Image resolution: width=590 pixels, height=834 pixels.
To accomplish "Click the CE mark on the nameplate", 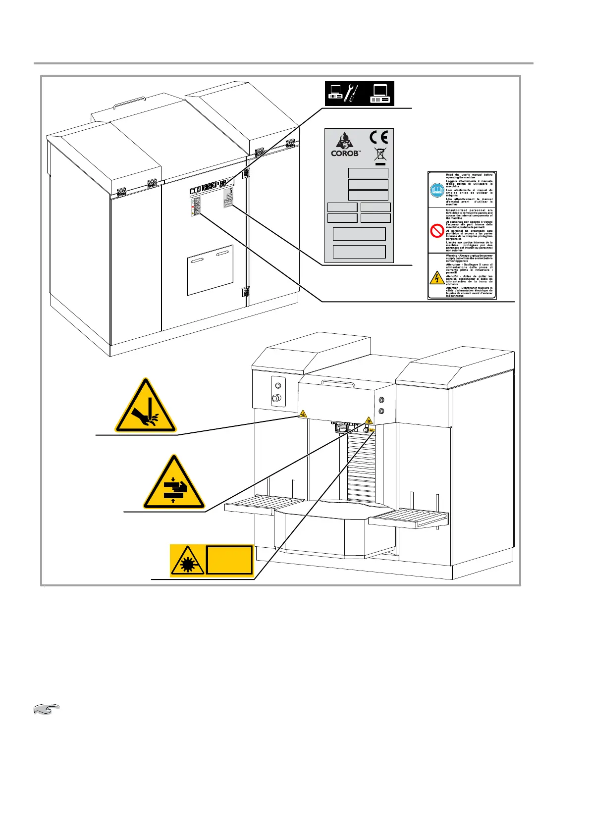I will click(379, 137).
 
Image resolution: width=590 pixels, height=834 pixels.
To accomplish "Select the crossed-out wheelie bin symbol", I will click(380, 154).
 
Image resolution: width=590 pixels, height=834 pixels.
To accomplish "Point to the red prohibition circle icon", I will click(436, 231).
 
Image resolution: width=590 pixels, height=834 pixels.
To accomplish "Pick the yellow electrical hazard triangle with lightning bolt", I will click(436, 277).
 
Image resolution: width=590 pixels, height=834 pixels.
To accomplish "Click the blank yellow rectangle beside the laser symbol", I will click(229, 560).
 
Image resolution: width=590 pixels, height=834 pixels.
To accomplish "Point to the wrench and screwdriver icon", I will click(351, 93).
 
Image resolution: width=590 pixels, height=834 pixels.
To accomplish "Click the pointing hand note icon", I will click(46, 710).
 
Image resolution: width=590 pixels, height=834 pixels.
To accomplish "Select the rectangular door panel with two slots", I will click(210, 270).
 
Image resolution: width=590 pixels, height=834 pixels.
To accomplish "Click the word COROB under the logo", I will click(345, 154).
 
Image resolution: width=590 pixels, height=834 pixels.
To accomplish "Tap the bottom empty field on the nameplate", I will click(359, 252).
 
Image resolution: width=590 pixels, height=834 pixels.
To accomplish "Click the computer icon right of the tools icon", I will click(380, 93).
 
